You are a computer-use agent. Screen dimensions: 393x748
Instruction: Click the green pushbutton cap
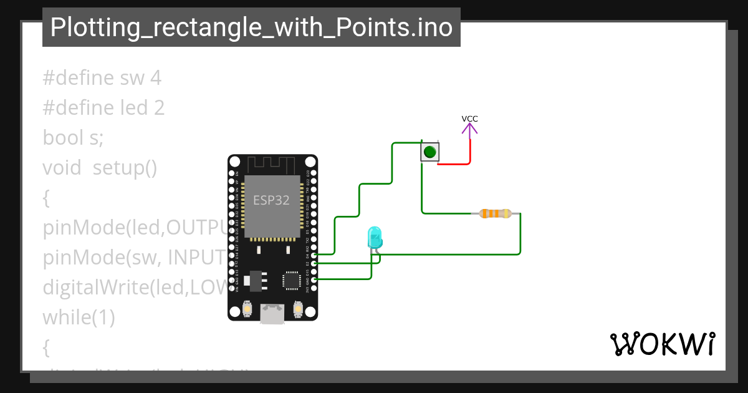[x=429, y=152]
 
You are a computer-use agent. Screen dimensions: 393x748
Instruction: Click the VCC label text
[x=470, y=119]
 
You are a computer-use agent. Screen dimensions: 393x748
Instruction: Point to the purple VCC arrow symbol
[x=470, y=129]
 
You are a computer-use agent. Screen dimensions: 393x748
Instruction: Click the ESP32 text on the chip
[x=271, y=200]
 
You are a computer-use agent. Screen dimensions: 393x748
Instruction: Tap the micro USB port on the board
[x=272, y=314]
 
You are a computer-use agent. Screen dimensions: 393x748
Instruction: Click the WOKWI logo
[x=663, y=344]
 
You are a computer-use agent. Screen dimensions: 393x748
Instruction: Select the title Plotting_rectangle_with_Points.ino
[x=251, y=27]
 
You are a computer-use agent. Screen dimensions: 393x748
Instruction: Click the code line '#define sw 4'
[x=102, y=78]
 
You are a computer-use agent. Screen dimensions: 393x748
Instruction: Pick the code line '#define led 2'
[x=103, y=108]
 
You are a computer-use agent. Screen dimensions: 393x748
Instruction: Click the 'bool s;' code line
[x=73, y=138]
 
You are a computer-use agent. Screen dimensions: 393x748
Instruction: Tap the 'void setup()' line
[x=100, y=168]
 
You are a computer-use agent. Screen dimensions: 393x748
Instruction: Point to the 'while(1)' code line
[x=79, y=318]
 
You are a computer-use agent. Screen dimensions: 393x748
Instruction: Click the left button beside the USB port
[x=247, y=308]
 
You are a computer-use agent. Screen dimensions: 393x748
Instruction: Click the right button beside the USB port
[x=298, y=308]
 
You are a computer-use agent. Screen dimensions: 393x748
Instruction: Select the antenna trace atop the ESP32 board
[x=272, y=165]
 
